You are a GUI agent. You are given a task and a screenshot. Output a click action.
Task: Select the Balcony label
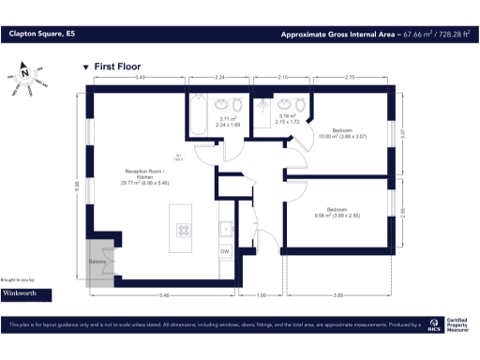[98, 262]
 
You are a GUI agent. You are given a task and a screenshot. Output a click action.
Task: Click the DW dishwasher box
[225, 251]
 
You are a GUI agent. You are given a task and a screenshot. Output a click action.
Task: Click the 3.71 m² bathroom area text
[228, 121]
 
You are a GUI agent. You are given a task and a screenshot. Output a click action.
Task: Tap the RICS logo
[433, 326]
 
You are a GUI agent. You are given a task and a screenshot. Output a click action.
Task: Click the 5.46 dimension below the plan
[164, 295]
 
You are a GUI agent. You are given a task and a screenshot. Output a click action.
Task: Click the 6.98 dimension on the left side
[79, 184]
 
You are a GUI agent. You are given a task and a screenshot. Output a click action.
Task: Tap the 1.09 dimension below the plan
[262, 295]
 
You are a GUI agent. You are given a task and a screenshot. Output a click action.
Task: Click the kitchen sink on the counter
[225, 227]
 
